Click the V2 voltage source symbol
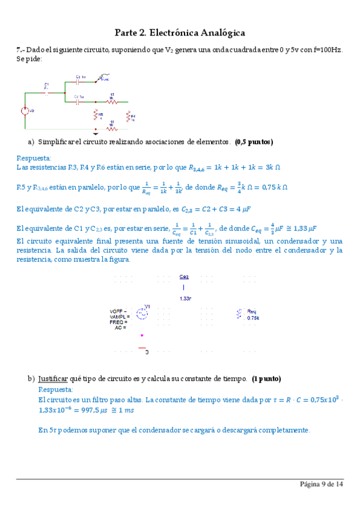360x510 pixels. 25,111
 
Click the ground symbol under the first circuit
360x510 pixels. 95,130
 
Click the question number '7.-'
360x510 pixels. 21,51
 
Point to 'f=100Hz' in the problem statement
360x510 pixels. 327,51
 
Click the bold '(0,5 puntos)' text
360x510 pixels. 254,142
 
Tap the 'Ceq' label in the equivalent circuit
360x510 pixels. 184,277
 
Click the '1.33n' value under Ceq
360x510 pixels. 186,298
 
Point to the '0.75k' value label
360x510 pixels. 253,318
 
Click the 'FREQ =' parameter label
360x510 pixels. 118,322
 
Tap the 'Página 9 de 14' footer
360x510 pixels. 322,484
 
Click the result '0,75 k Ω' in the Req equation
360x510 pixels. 270,187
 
